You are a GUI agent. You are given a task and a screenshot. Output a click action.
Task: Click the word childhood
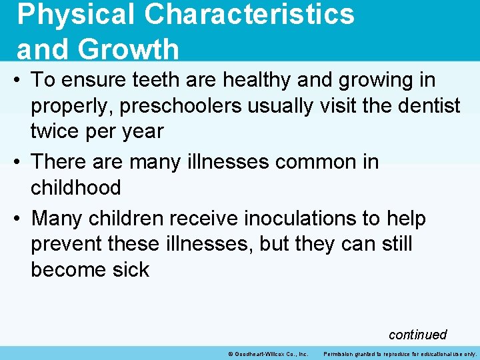[76, 187]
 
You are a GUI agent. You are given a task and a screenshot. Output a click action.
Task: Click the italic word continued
[417, 335]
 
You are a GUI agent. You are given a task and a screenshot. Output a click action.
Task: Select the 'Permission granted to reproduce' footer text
[400, 354]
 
